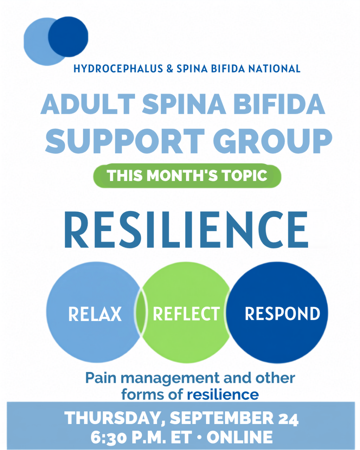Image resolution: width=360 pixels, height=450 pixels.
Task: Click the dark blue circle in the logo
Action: pyautogui.click(x=68, y=37)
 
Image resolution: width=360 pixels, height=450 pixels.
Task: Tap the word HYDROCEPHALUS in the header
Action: pyautogui.click(x=118, y=69)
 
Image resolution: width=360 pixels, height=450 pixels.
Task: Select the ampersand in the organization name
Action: pyautogui.click(x=170, y=69)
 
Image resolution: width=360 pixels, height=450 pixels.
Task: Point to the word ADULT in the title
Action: pyautogui.click(x=88, y=104)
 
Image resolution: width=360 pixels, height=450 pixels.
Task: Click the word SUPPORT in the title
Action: pyautogui.click(x=125, y=141)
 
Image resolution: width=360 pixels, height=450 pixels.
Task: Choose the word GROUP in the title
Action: pyautogui.click(x=272, y=141)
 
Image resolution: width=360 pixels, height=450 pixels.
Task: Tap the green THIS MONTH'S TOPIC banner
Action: pyautogui.click(x=187, y=175)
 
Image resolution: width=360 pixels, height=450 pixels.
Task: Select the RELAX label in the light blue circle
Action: pyautogui.click(x=95, y=314)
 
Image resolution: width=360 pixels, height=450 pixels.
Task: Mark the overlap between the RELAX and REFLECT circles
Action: pyautogui.click(x=141, y=313)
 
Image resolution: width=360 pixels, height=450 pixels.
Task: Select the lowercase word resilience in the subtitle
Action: pyautogui.click(x=223, y=394)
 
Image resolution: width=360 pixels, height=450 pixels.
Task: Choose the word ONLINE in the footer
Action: pyautogui.click(x=240, y=437)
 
